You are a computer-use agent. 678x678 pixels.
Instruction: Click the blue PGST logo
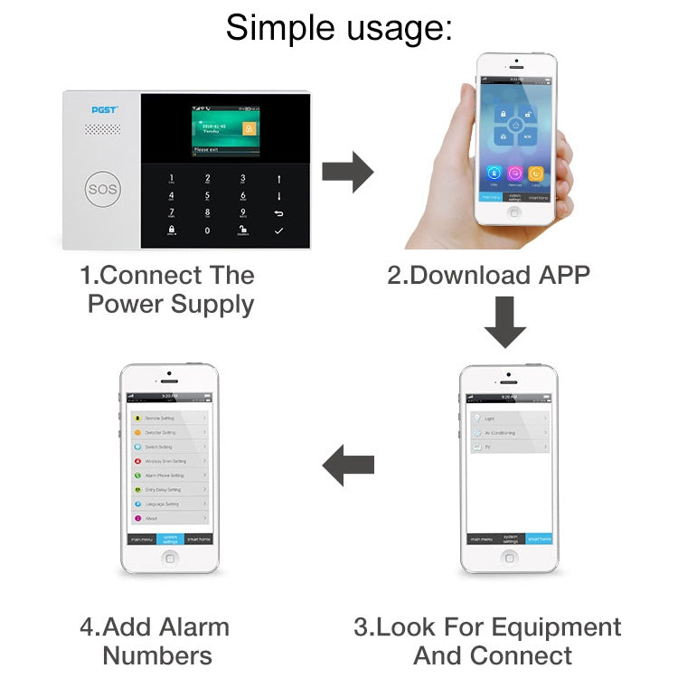coord(104,109)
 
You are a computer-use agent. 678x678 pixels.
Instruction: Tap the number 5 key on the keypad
coord(207,194)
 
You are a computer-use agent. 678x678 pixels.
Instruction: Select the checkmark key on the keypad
coord(278,231)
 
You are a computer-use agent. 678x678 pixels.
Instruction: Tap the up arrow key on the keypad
coord(278,178)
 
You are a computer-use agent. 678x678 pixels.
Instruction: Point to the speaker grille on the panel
coord(102,129)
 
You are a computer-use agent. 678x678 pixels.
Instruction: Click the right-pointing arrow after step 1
coord(348,171)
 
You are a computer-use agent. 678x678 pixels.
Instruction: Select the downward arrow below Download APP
coord(504,324)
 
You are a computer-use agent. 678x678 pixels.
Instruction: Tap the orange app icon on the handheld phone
coord(537,172)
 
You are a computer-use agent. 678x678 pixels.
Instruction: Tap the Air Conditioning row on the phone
coord(508,433)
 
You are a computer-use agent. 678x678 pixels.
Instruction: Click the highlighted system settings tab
coord(170,539)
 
